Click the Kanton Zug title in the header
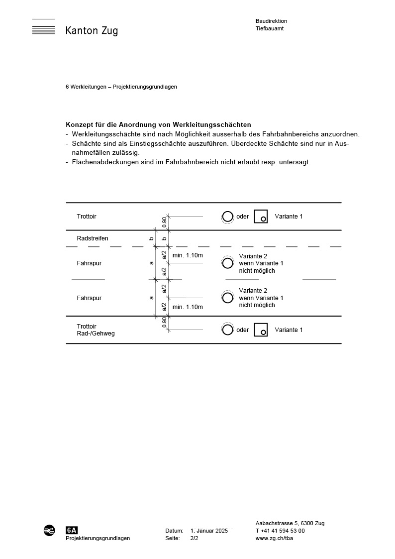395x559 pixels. tap(92, 31)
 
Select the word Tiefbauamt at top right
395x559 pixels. tap(270, 29)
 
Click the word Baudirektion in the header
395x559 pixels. tap(271, 21)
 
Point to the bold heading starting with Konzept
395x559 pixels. tap(158, 124)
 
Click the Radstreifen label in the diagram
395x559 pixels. tap(93, 238)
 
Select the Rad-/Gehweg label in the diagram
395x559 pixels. tap(96, 334)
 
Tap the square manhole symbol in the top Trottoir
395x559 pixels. tap(261, 217)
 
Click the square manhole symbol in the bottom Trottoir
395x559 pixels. tap(261, 330)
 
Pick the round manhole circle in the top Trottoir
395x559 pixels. tap(227, 217)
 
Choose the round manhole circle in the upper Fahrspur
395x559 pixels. tap(228, 263)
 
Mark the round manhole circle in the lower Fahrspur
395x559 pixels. tap(228, 298)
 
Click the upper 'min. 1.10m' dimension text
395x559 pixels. tap(188, 255)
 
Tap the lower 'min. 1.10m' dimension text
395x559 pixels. tap(188, 307)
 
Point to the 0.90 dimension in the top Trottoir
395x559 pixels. tap(164, 222)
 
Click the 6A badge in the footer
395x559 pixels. tap(72, 530)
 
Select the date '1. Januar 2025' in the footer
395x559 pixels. tap(209, 531)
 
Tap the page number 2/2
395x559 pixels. tap(194, 538)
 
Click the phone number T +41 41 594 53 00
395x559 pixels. tap(280, 531)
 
